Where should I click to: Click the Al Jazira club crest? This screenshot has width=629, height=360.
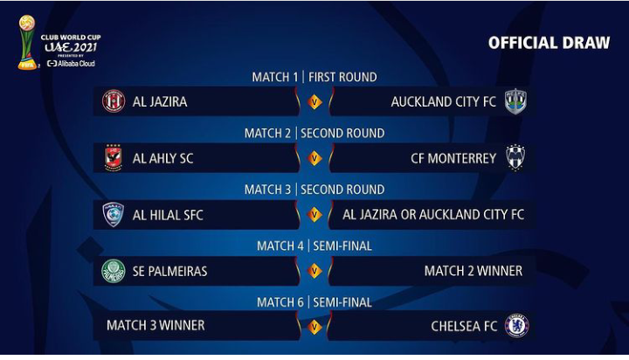click(114, 100)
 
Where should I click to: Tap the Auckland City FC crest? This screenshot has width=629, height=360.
click(515, 101)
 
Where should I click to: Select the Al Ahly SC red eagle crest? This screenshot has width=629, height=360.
click(113, 158)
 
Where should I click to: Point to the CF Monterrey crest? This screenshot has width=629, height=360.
click(515, 158)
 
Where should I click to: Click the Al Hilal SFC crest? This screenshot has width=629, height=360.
click(113, 214)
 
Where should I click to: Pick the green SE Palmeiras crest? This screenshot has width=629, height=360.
click(114, 271)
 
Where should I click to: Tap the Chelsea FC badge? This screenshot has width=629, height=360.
click(516, 325)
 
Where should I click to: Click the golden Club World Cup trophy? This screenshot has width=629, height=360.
click(27, 43)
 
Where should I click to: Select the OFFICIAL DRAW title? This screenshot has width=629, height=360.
click(549, 43)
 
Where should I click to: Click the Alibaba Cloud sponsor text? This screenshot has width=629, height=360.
click(71, 64)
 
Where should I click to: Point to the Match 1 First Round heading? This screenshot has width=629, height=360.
click(314, 77)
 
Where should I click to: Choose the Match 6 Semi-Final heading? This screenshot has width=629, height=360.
click(314, 301)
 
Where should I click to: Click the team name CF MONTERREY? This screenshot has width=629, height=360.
click(453, 158)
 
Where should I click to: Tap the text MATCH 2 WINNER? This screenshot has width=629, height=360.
click(473, 271)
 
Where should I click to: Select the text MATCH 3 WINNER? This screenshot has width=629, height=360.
click(156, 325)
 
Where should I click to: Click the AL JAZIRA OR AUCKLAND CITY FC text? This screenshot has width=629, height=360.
click(433, 215)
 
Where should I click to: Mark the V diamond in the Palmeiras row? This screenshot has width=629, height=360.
click(314, 271)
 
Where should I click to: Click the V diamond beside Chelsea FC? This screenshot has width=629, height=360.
click(314, 327)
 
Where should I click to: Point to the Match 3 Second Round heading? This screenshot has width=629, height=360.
click(314, 189)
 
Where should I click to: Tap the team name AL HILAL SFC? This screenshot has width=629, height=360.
click(168, 215)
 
